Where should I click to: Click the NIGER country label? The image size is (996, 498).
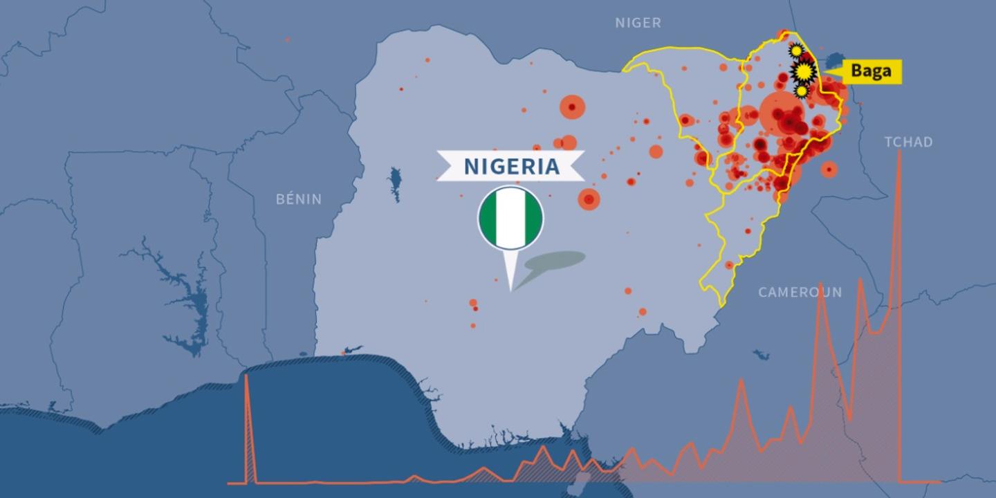(638, 23)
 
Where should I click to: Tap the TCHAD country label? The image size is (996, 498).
(908, 142)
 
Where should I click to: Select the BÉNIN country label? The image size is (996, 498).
(299, 199)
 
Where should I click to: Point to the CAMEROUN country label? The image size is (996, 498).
(800, 292)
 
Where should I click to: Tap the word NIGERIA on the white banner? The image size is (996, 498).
(511, 167)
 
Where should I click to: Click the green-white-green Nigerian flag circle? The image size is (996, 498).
(510, 218)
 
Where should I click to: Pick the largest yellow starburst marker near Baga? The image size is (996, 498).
(804, 71)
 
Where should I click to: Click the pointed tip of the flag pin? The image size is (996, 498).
(511, 289)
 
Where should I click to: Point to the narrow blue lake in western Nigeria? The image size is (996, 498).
(395, 183)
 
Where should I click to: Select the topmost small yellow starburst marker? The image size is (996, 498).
(796, 50)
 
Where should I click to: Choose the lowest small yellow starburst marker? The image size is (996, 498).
(801, 91)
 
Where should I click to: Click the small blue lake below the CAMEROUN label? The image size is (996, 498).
(761, 355)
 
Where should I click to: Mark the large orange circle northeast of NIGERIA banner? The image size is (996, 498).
(572, 107)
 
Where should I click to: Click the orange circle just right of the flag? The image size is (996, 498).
(589, 199)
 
